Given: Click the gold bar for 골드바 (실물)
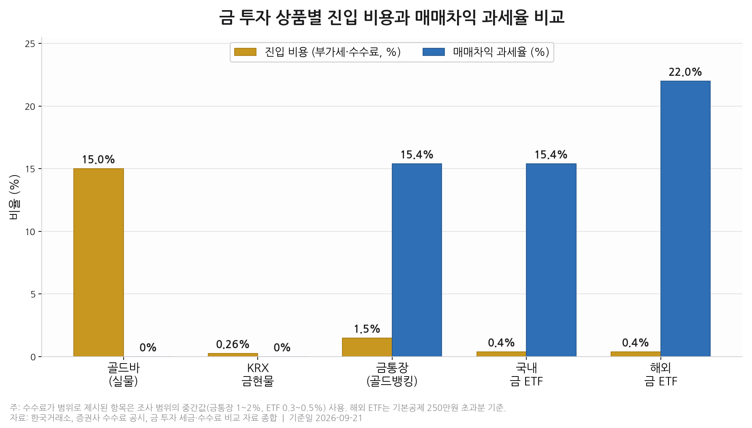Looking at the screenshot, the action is (98, 263).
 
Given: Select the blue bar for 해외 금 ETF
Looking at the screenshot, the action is (685, 219).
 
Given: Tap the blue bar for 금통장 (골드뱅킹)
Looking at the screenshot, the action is (417, 260).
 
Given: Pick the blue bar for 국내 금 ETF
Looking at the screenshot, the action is (551, 260).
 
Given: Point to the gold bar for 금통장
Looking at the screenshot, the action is (367, 347).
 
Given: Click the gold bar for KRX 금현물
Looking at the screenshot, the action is (233, 355).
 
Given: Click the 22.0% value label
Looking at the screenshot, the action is (685, 72).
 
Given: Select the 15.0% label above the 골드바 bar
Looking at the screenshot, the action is (98, 160).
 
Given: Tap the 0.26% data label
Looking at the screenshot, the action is (233, 345).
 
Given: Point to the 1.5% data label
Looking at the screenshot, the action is (367, 329).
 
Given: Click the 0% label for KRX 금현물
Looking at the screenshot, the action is (282, 348).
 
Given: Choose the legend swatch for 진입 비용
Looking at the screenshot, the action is (245, 52).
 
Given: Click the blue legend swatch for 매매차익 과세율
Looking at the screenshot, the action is (434, 52).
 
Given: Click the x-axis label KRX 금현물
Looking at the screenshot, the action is (258, 374).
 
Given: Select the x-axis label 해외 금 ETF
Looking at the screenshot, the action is (661, 374).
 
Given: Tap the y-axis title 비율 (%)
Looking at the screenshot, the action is (14, 197).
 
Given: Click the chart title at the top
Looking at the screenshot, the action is (392, 17).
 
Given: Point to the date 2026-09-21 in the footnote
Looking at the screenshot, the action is (339, 418).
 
